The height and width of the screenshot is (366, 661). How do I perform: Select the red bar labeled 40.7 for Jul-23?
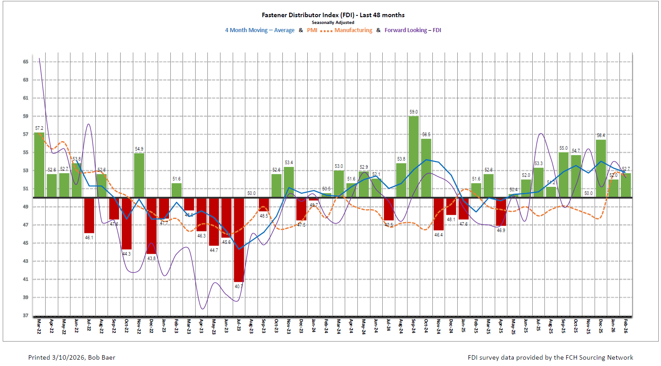(239, 240)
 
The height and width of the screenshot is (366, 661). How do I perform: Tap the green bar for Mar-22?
(39, 165)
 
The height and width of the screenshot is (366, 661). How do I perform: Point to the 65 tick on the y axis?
(27, 62)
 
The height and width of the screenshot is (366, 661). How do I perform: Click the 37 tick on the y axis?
(27, 315)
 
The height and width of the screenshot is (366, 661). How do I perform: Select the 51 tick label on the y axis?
(27, 189)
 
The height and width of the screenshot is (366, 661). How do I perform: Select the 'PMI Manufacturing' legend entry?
(340, 30)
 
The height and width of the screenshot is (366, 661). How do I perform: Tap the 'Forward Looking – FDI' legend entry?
(412, 30)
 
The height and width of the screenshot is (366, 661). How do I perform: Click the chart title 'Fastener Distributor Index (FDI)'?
(333, 15)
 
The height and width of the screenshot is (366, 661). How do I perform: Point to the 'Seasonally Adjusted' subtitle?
(333, 22)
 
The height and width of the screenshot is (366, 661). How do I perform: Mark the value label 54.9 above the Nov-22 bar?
(139, 149)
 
